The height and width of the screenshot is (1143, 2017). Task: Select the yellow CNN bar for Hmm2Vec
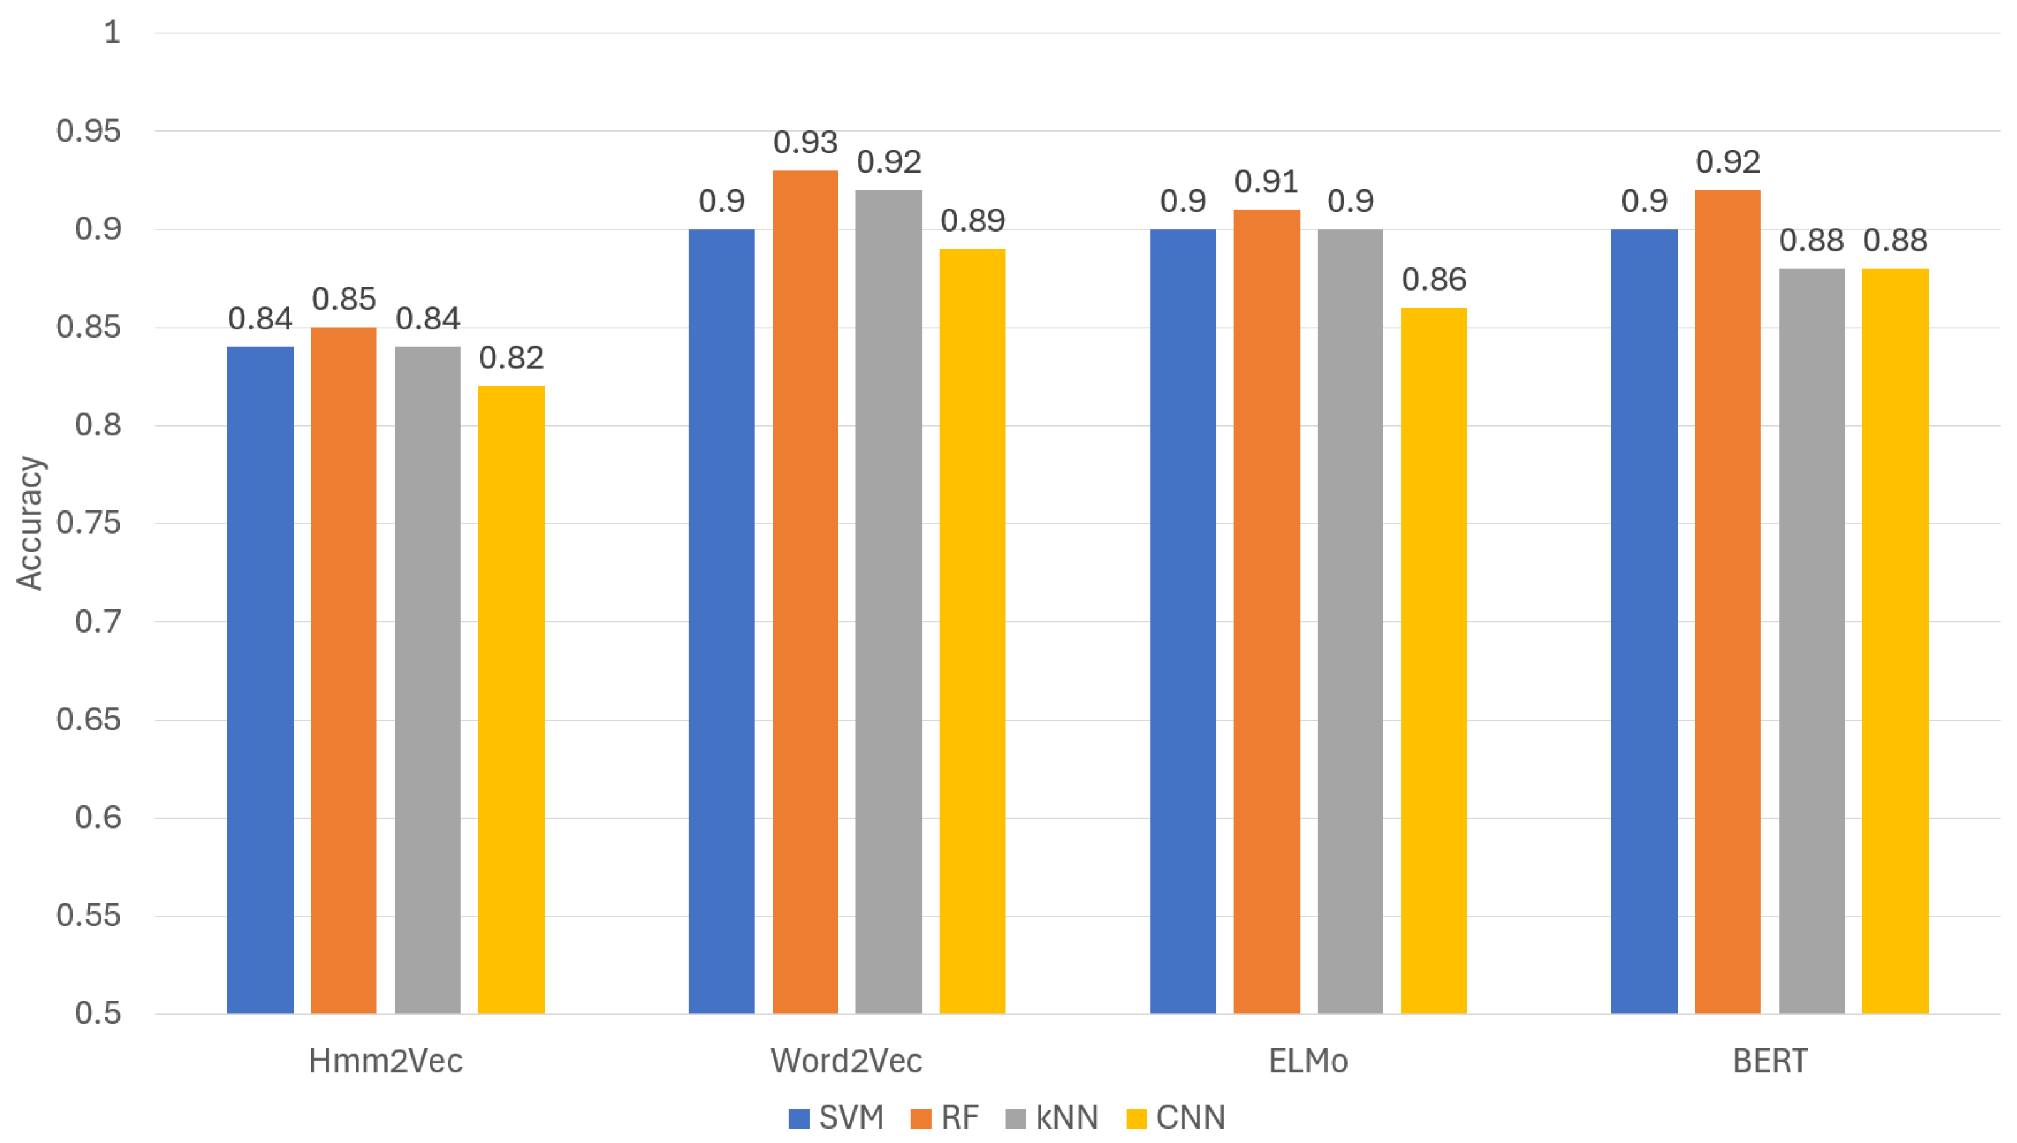[x=511, y=699]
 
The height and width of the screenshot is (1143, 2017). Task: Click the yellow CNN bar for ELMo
[x=1433, y=659]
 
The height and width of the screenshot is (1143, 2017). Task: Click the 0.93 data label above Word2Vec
[x=805, y=143]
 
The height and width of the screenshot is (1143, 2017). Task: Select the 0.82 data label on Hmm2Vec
[x=511, y=358]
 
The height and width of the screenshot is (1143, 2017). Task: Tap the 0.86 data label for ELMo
[x=1433, y=279]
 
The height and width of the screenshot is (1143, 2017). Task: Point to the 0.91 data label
[x=1266, y=182]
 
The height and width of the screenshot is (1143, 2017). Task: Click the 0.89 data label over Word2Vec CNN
[x=972, y=220]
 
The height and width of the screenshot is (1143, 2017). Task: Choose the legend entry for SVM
[x=837, y=1116]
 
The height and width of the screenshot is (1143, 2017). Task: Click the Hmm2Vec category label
[x=384, y=1060]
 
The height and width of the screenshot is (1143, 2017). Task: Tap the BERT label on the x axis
[x=1769, y=1060]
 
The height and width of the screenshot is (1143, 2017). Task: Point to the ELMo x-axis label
[x=1308, y=1060]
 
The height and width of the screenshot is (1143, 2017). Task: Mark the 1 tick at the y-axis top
[x=112, y=32]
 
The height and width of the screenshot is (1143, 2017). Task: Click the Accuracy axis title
[x=30, y=523]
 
